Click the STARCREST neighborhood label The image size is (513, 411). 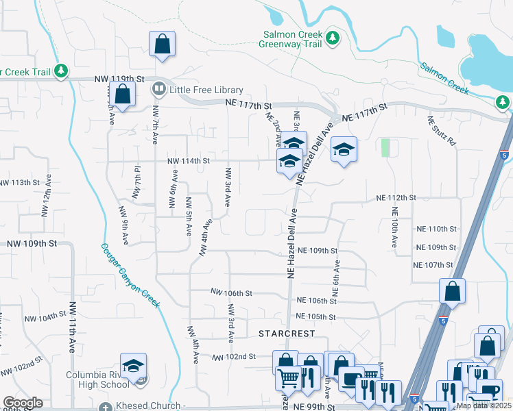(287, 334)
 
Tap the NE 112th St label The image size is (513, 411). (396, 197)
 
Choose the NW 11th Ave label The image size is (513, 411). (71, 326)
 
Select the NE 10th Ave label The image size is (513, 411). (394, 233)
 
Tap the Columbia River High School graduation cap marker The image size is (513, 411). (134, 365)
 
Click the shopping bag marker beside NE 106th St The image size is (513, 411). (453, 290)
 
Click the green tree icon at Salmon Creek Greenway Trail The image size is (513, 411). (333, 36)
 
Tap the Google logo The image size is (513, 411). (23, 403)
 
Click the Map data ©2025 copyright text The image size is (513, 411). (483, 406)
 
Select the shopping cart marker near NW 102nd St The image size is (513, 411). (289, 377)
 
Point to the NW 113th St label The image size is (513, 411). (26, 183)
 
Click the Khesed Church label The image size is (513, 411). (150, 406)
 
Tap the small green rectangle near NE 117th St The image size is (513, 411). (385, 147)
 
